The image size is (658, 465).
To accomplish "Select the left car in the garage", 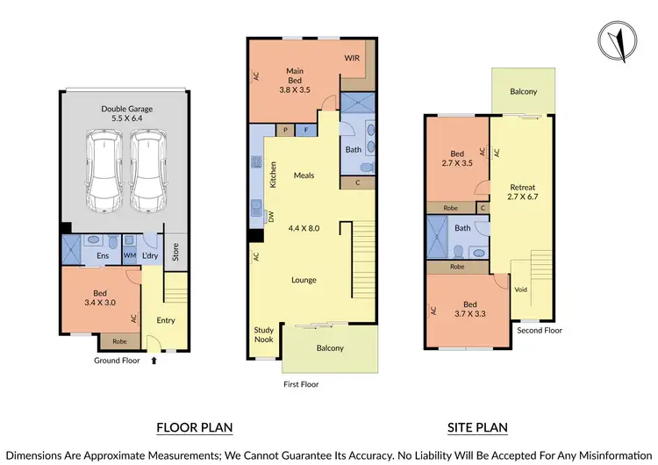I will tap(104, 172).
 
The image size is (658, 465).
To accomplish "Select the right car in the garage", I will tap(147, 172).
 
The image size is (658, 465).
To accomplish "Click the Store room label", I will tap(176, 251).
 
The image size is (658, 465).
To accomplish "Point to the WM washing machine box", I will tap(129, 255).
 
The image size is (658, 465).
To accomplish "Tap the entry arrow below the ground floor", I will tap(154, 360).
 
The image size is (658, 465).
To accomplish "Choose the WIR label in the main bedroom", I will tap(352, 59).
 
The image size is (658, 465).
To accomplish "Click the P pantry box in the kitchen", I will tap(286, 130).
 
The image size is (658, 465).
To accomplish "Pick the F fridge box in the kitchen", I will tap(306, 130).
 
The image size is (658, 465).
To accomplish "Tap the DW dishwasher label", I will tap(271, 217).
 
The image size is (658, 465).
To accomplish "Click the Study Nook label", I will tap(263, 334).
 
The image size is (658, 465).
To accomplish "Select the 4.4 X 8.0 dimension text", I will tap(304, 228).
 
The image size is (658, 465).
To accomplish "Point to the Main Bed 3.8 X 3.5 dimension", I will tap(295, 89).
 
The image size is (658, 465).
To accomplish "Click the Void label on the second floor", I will tap(519, 290).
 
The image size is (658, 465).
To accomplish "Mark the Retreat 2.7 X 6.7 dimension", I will tap(521, 197).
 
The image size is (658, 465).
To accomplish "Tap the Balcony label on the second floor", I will tap(523, 91).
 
